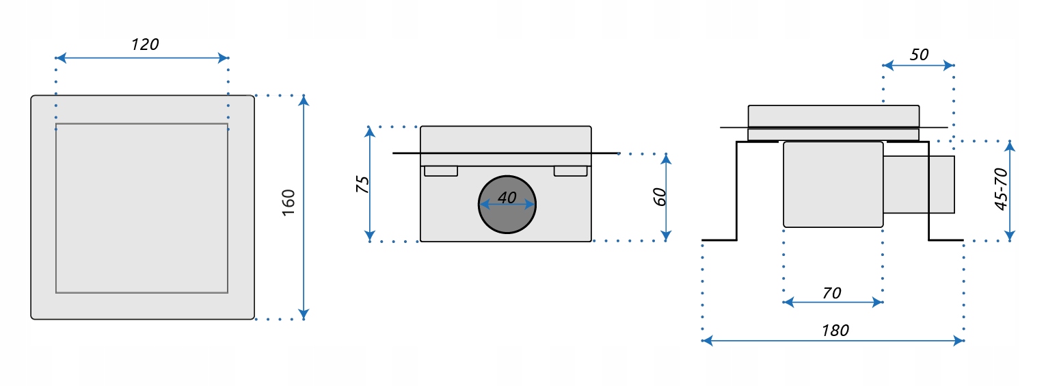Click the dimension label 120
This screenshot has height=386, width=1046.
144,45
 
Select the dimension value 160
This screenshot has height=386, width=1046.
289,203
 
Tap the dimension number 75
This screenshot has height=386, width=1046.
363,184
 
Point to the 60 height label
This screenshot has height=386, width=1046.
660,196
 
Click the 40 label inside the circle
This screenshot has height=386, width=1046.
507,198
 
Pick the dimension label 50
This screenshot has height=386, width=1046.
920,54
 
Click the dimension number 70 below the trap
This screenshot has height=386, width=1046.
831,293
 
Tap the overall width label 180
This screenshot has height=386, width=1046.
835,331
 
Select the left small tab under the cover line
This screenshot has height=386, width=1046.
441,171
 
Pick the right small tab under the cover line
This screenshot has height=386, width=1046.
570,171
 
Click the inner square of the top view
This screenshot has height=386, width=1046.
142,208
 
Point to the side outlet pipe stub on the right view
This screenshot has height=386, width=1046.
919,184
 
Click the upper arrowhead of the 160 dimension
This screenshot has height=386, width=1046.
304,100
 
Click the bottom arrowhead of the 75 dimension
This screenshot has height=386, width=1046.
370,235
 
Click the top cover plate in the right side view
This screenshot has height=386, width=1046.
833,116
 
